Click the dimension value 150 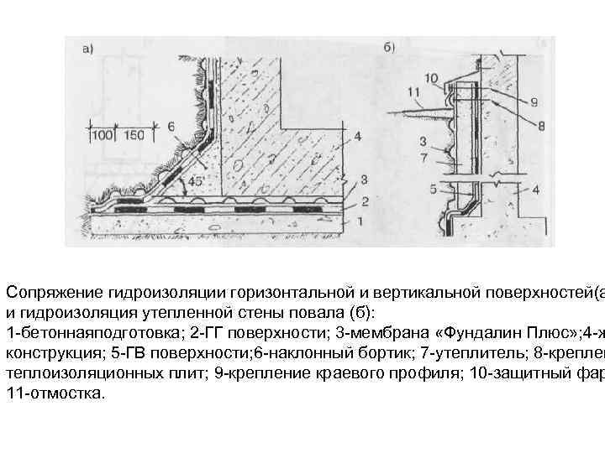click(x=133, y=134)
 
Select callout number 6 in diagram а click(x=173, y=126)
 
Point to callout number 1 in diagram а click(x=360, y=221)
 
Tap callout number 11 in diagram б click(x=413, y=91)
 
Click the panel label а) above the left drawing click(x=87, y=48)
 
